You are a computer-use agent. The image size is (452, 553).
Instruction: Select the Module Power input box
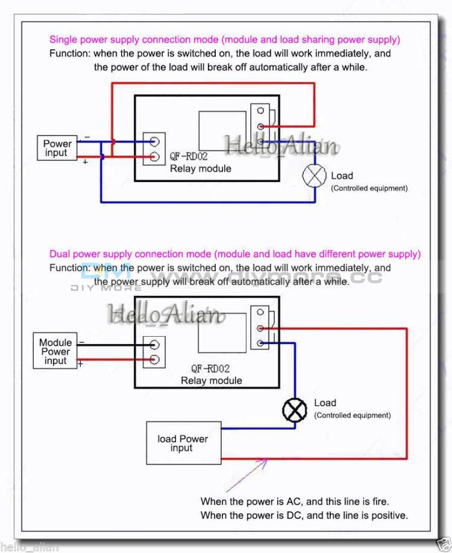pyautogui.click(x=55, y=352)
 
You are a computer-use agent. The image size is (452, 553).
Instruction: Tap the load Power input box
pyautogui.click(x=183, y=443)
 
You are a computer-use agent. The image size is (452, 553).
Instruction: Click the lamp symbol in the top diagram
pyautogui.click(x=315, y=176)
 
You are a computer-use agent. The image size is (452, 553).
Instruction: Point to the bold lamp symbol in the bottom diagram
pyautogui.click(x=294, y=410)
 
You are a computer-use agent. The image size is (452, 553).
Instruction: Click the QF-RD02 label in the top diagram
pyautogui.click(x=189, y=158)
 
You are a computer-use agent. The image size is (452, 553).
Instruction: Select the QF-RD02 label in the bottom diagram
pyautogui.click(x=210, y=368)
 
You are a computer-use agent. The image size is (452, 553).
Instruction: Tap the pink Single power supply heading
pyautogui.click(x=225, y=39)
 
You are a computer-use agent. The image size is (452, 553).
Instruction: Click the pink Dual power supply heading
pyautogui.click(x=235, y=254)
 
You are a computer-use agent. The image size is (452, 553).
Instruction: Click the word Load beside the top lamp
pyautogui.click(x=341, y=176)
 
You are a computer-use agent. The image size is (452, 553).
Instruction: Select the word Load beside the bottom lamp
pyautogui.click(x=325, y=403)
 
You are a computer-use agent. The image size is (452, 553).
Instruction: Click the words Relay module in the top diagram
pyautogui.click(x=200, y=169)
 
